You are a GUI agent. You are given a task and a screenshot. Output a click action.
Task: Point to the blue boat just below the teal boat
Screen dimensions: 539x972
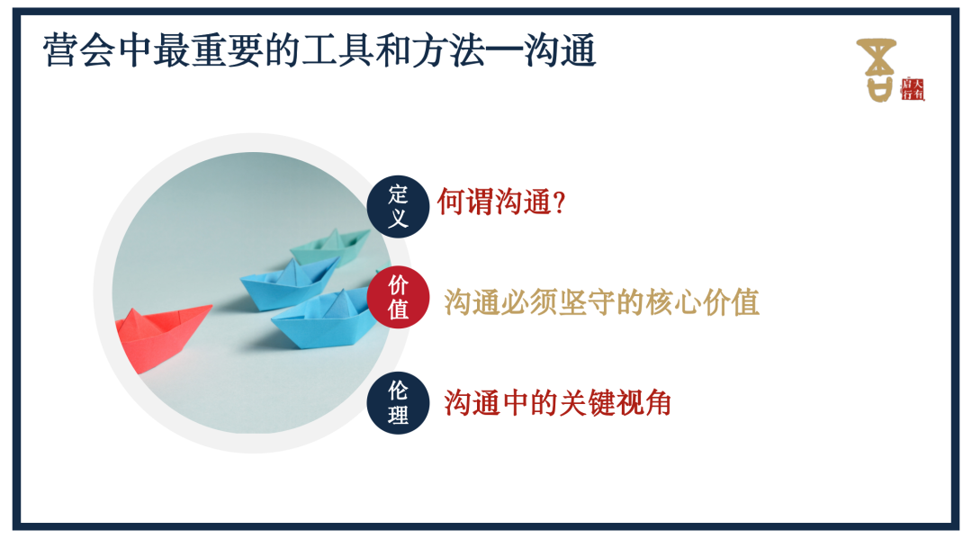coord(288,281)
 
